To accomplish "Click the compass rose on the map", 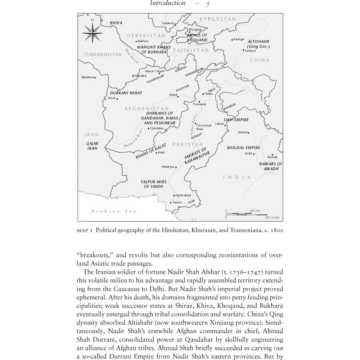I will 93,33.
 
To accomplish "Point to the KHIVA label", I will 116,23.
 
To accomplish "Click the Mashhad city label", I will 87,77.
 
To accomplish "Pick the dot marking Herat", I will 117,99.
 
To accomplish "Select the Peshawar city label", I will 200,104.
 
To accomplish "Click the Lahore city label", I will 220,124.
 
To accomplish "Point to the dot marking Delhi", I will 254,154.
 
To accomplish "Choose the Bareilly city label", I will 273,157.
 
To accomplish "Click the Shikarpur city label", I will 168,167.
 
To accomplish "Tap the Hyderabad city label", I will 183,195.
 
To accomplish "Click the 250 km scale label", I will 255,211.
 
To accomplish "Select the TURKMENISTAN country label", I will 103,54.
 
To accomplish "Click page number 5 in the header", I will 208,4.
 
